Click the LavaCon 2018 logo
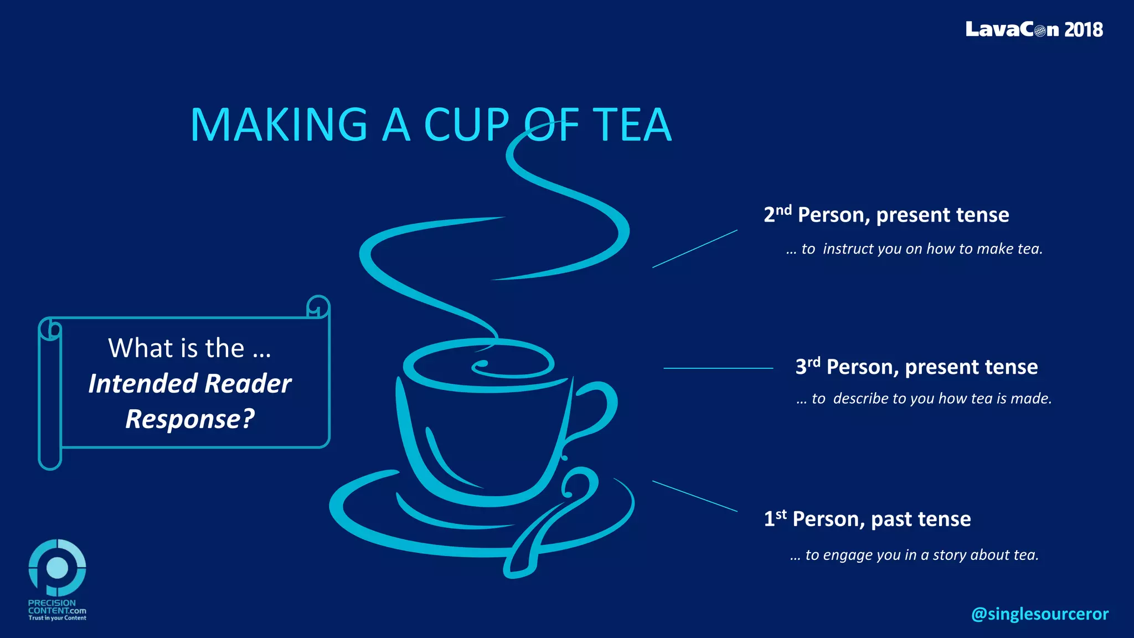tap(1034, 29)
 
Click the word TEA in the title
tap(632, 125)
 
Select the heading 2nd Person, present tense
tap(886, 215)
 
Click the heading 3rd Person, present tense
tap(916, 367)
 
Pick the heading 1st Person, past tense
tap(867, 519)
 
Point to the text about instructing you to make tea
tap(914, 249)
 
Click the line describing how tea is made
tap(924, 399)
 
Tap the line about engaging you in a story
tap(914, 555)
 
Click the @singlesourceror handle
tap(1039, 614)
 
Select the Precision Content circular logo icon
tap(57, 568)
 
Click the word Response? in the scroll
tap(190, 419)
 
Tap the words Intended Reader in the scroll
tap(190, 384)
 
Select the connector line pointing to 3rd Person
tap(718, 368)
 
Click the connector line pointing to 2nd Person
tap(695, 249)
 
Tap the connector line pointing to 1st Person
tap(695, 496)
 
